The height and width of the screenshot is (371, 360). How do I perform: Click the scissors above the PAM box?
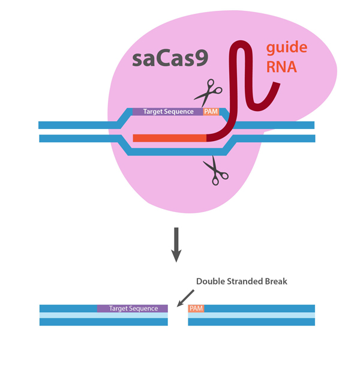(208, 92)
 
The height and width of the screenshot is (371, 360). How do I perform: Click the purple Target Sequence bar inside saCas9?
(167, 112)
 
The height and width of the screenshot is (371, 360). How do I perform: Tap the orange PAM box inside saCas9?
(211, 112)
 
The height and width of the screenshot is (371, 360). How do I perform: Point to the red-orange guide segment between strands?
(169, 138)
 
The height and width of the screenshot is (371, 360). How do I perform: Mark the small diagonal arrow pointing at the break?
(187, 296)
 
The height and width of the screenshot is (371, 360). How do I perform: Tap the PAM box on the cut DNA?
(196, 309)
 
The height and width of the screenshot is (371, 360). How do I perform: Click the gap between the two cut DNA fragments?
(178, 315)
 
